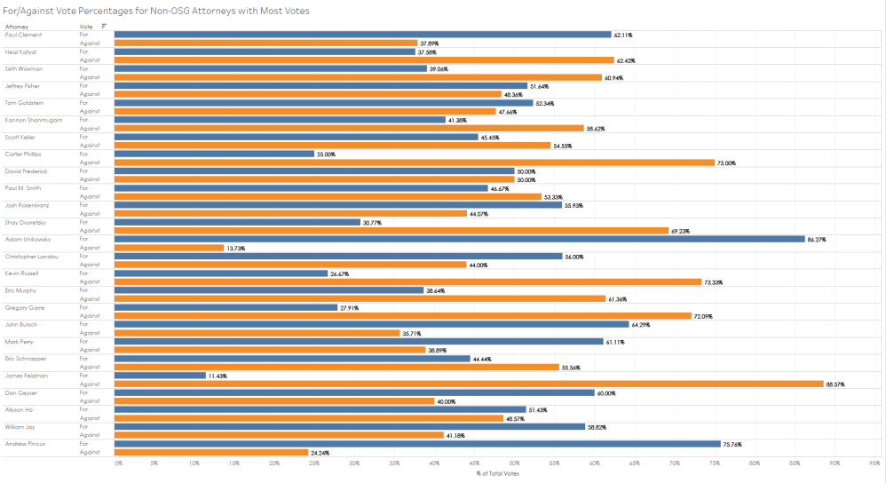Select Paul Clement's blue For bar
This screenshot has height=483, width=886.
pos(362,35)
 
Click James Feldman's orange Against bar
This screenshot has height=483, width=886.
pos(469,384)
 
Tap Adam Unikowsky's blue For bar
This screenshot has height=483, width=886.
pos(459,239)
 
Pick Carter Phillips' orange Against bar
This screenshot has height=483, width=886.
pos(415,162)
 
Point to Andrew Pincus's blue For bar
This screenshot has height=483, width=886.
pos(417,443)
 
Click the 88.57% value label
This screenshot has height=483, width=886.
pos(837,384)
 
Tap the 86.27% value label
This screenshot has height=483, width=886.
pos(819,239)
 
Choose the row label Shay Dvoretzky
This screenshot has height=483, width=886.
pos(23,222)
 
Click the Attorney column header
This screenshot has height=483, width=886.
pos(17,27)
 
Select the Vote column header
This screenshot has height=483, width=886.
pos(85,27)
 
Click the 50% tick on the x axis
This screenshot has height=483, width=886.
pos(514,463)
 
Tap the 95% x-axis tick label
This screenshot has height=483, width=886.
pos(874,463)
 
